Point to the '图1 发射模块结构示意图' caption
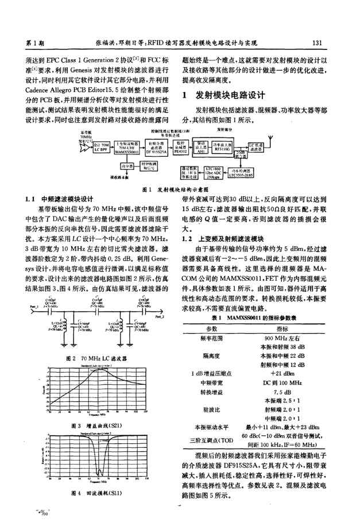(x=179, y=188)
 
